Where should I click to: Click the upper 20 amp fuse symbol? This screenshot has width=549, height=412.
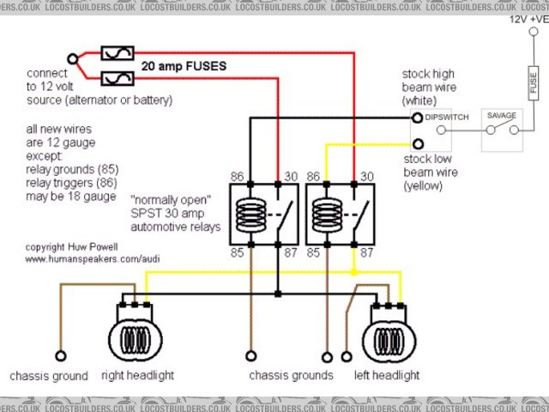tap(117, 54)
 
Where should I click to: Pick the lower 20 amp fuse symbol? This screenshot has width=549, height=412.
tap(117, 79)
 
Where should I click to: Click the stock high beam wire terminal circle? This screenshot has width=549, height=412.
tap(418, 118)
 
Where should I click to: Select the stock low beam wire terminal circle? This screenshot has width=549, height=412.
tap(418, 143)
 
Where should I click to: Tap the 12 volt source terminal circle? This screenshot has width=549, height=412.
tap(74, 60)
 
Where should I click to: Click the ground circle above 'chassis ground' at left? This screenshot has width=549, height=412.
tap(60, 355)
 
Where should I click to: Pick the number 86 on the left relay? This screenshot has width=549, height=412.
tap(238, 176)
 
